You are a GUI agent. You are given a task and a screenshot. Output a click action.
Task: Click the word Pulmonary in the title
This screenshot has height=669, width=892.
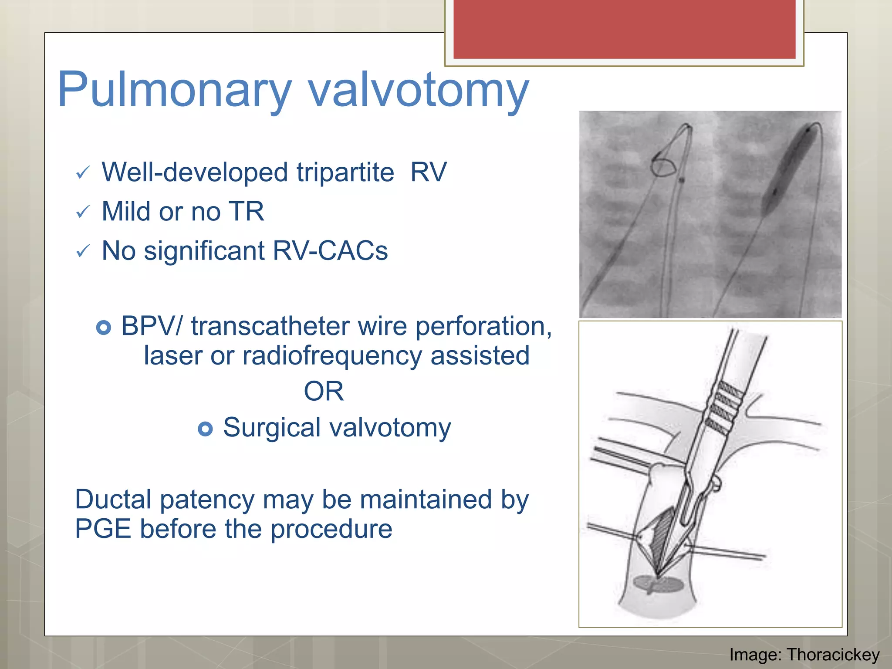tap(174, 90)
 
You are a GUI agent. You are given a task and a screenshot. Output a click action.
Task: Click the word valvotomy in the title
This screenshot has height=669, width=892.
tap(418, 90)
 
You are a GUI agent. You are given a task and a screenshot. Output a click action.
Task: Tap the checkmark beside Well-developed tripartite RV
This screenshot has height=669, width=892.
tap(82, 173)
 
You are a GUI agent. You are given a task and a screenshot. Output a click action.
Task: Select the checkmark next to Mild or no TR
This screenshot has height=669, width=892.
tap(82, 212)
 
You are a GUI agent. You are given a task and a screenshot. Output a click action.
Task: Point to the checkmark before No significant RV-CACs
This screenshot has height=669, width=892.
tap(82, 251)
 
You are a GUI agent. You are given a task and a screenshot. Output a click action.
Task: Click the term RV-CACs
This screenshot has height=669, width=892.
tap(330, 251)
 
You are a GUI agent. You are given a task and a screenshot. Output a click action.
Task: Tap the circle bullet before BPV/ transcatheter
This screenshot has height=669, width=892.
tap(104, 327)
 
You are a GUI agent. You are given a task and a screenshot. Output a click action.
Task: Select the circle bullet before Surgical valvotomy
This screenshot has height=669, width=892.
tap(205, 429)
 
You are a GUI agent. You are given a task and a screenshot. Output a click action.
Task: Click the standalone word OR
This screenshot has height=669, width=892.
tap(324, 391)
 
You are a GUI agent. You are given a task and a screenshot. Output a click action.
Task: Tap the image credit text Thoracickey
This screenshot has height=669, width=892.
tap(833, 655)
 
